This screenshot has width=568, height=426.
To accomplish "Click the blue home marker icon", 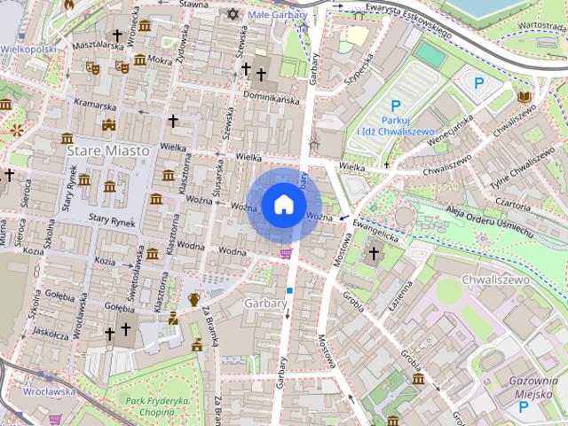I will (283, 204).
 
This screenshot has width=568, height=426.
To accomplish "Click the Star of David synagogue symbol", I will (234, 15).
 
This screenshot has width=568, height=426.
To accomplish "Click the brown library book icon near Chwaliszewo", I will (524, 97).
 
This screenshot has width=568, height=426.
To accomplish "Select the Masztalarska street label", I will (97, 43).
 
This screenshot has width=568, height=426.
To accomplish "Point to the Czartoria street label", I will (515, 202).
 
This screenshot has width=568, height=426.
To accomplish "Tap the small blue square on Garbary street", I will (288, 290).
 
